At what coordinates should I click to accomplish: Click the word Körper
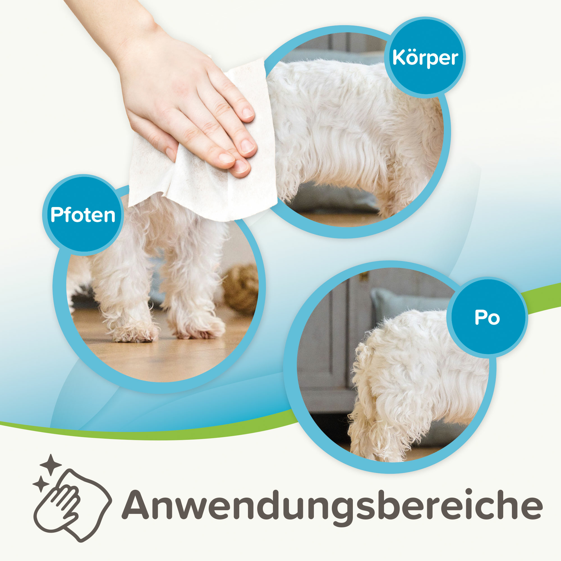click(x=425, y=58)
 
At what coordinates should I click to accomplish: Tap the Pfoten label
click(x=83, y=215)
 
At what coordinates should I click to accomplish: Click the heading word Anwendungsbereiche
click(x=332, y=505)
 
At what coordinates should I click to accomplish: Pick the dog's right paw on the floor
click(x=197, y=328)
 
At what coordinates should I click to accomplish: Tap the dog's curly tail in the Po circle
click(x=363, y=366)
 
